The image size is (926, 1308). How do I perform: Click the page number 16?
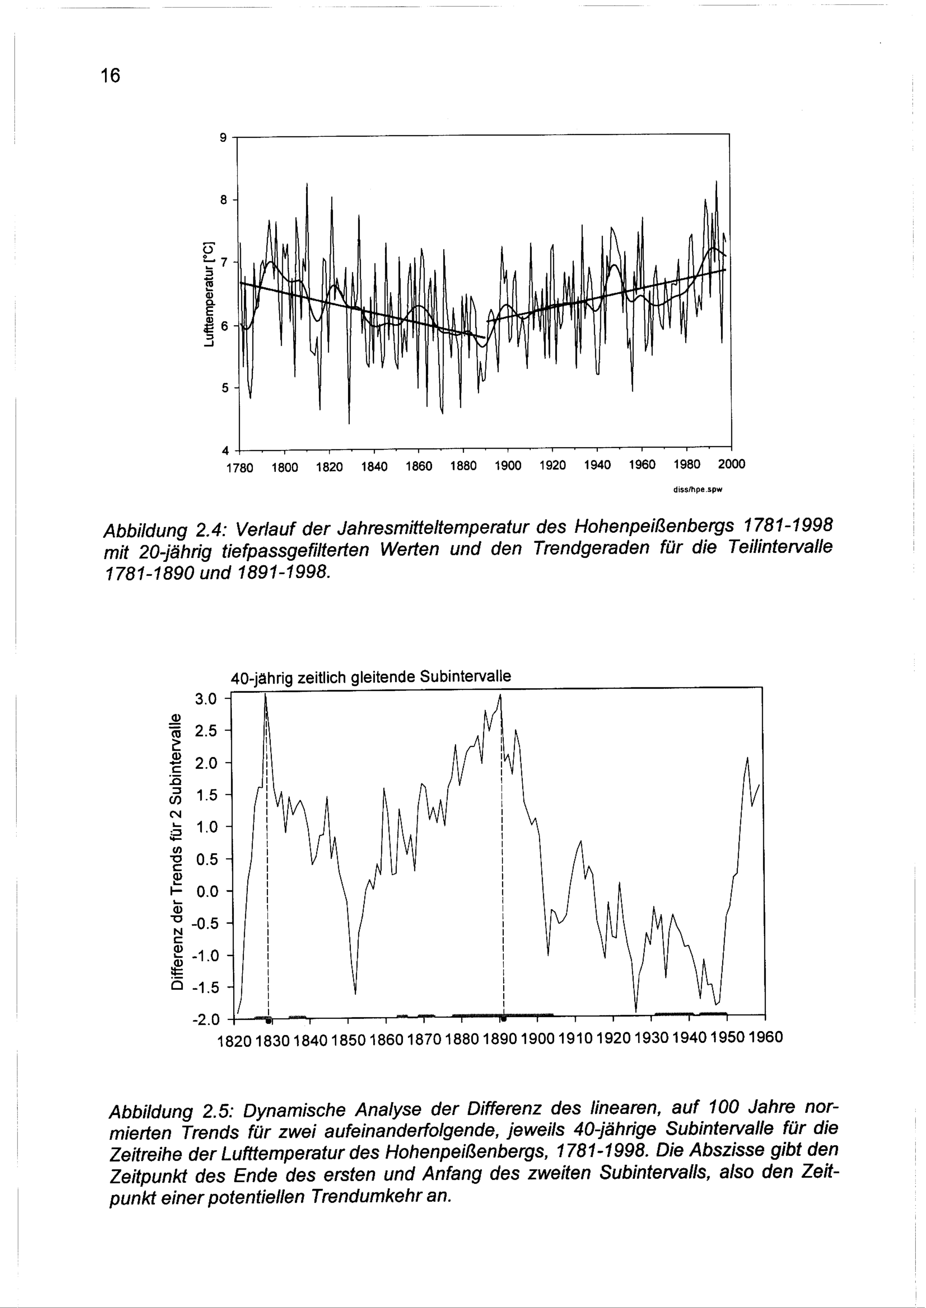(111, 75)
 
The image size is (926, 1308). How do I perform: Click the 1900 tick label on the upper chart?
(507, 465)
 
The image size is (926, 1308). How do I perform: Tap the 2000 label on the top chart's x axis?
(731, 464)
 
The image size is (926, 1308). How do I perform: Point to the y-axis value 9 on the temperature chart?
(224, 137)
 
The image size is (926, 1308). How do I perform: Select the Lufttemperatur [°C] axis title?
(209, 295)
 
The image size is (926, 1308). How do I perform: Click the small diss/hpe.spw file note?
(697, 489)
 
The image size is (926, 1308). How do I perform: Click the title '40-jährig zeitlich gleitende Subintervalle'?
(370, 677)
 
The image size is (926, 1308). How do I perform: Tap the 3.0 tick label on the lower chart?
(206, 698)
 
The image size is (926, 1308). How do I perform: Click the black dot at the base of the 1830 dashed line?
(268, 1020)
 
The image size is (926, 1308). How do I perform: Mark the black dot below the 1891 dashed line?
(503, 1018)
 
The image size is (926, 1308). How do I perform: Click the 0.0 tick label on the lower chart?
(206, 891)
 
